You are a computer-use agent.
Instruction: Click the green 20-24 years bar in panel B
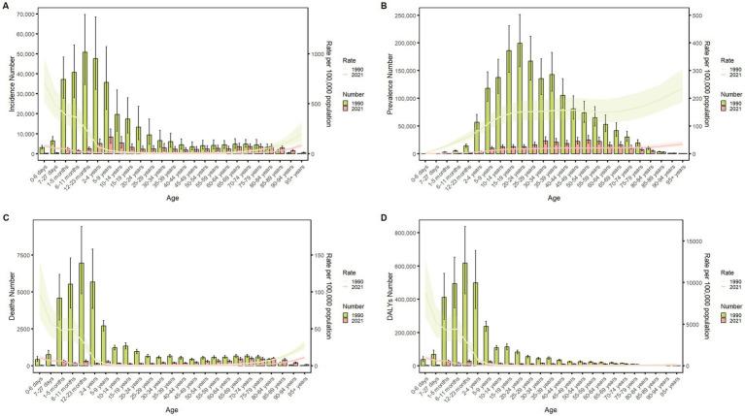520,97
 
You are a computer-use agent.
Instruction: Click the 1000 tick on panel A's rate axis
314,55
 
